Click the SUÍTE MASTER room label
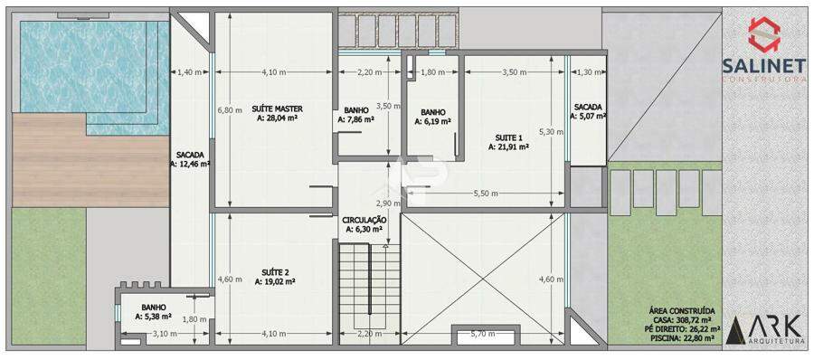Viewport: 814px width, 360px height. pos(277,109)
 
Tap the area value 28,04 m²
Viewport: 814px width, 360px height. pos(277,118)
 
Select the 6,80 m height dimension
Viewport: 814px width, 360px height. pos(230,109)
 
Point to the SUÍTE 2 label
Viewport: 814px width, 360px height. pos(275,272)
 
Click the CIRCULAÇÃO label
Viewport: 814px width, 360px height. pos(364,220)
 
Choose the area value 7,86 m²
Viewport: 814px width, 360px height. pos(356,119)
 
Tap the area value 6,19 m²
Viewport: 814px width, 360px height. pos(432,121)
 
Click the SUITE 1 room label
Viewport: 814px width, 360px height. pos(508,137)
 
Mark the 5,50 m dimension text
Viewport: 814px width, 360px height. pos(486,194)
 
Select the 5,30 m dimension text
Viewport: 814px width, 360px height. pos(551,131)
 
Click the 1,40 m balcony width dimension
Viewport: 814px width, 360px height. pos(190,72)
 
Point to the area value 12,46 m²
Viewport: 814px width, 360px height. pos(190,164)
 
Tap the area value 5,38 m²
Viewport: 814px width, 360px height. pos(153,316)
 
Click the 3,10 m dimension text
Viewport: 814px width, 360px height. pos(164,334)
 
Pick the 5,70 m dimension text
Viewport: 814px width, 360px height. pos(482,334)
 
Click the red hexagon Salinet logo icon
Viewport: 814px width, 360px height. pos(763,34)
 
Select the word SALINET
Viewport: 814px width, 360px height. pos(764,65)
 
